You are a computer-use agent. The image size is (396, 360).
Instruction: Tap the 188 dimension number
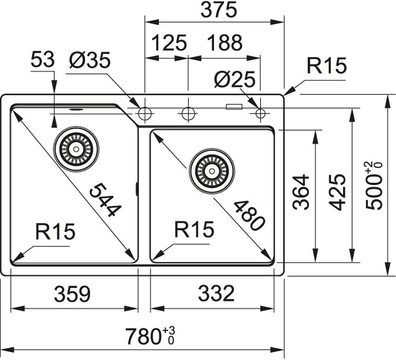click(224, 43)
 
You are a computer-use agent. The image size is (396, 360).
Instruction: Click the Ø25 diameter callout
click(234, 81)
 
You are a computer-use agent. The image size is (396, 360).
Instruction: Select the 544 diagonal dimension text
click(105, 198)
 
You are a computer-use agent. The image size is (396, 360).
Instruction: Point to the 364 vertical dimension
click(302, 192)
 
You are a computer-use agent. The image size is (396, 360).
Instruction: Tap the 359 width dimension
click(72, 293)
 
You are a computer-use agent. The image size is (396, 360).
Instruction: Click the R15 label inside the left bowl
click(55, 232)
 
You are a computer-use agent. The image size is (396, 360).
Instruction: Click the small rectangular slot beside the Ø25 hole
click(234, 107)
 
